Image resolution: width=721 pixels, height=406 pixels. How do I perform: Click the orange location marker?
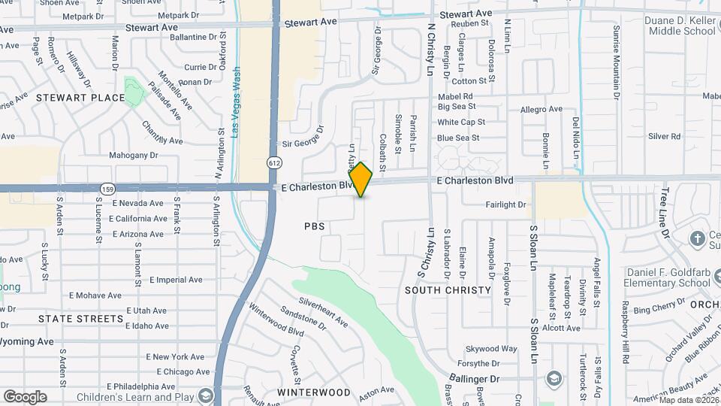pos(361,180)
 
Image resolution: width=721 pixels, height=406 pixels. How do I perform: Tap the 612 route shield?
pos(275,162)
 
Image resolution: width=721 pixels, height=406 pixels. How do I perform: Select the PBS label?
pos(315,226)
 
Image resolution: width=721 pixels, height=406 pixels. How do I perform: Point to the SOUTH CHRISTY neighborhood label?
pos(448,289)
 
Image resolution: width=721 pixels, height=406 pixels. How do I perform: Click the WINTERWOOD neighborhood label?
pos(313,392)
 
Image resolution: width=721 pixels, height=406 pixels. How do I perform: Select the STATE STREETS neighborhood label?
pos(80,319)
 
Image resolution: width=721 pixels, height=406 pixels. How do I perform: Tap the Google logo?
pos(25,396)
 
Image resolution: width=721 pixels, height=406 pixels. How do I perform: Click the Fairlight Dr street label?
pos(505,205)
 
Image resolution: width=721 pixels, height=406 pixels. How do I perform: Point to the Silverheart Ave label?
pos(323,312)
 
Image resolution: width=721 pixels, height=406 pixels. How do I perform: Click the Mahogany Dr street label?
pos(133,156)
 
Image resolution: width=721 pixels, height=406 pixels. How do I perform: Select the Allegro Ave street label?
pos(541,109)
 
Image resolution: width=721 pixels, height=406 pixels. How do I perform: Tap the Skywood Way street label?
pos(491,349)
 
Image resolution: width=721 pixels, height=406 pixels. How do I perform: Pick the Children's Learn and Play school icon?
pos(205,396)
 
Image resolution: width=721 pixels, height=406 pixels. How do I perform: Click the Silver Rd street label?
pos(664,136)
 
